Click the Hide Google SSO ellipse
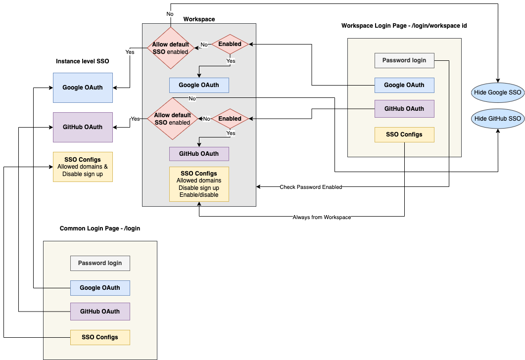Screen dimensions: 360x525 point(497,92)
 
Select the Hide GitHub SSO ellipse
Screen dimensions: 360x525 point(497,119)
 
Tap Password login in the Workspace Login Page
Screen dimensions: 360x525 point(404,60)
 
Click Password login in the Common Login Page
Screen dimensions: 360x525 point(100,263)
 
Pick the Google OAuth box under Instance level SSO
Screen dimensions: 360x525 point(83,88)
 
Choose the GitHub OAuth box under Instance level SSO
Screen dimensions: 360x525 point(83,127)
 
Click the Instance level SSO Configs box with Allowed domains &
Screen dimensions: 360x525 point(83,167)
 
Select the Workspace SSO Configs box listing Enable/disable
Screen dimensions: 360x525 point(199,184)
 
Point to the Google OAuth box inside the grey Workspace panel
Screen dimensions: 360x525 point(199,85)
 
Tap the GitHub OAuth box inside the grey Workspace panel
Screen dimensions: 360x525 point(199,154)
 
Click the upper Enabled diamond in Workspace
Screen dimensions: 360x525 point(230,45)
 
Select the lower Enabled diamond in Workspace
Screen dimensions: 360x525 point(230,119)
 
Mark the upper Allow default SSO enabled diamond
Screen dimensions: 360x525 point(170,48)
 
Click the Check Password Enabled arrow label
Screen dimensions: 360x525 point(311,187)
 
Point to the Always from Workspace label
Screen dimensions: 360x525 point(322,217)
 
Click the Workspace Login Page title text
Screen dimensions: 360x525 point(404,26)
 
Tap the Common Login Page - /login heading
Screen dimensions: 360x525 point(100,228)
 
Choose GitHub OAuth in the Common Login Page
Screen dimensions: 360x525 point(100,312)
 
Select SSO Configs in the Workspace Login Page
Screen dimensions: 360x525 point(404,135)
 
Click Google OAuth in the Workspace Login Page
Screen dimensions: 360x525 point(404,85)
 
